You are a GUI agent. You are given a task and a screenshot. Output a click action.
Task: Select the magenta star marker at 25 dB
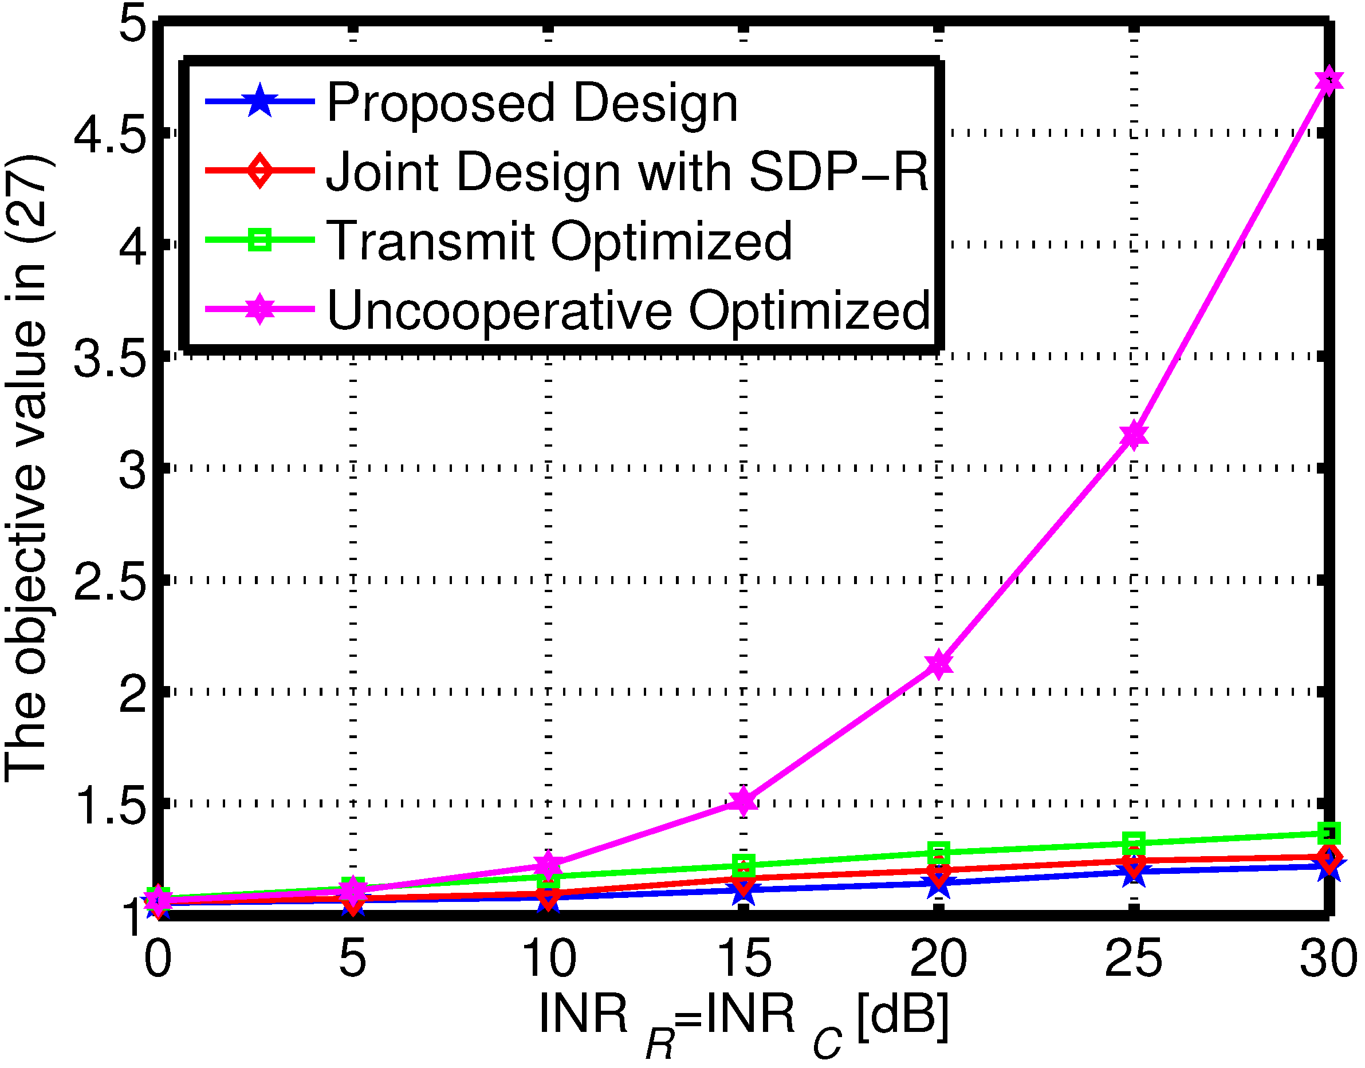coord(1134,435)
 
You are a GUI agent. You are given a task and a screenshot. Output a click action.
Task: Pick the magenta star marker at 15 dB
coord(744,800)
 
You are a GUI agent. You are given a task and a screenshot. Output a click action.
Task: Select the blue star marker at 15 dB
coord(744,890)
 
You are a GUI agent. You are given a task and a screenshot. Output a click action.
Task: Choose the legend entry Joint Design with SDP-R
coord(627,172)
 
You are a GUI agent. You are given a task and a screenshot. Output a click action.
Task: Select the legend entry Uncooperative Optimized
coord(628,310)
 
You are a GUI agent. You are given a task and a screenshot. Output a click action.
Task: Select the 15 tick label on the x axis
coord(744,959)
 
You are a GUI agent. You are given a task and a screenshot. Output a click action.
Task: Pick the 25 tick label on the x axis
coord(1133,959)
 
